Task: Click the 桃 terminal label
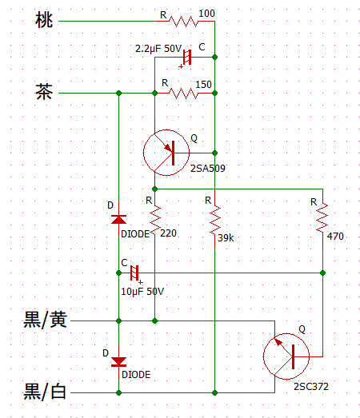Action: [x=44, y=20]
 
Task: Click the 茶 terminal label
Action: [x=44, y=91]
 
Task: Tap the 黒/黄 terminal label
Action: [x=46, y=320]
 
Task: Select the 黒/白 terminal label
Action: [x=45, y=391]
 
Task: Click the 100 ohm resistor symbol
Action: [x=185, y=22]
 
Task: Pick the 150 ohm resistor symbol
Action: [x=185, y=94]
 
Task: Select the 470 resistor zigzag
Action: [x=322, y=219]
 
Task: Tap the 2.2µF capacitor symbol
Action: [x=187, y=58]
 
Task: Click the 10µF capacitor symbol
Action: [x=134, y=274]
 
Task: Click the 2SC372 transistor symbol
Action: [x=287, y=356]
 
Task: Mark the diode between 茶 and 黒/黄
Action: [x=118, y=219]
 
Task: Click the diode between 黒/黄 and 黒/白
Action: [x=118, y=362]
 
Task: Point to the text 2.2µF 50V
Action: [x=158, y=49]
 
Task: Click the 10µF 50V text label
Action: [x=142, y=292]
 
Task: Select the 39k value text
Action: [x=226, y=238]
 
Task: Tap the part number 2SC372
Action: [x=311, y=387]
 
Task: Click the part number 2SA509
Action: [x=208, y=169]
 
